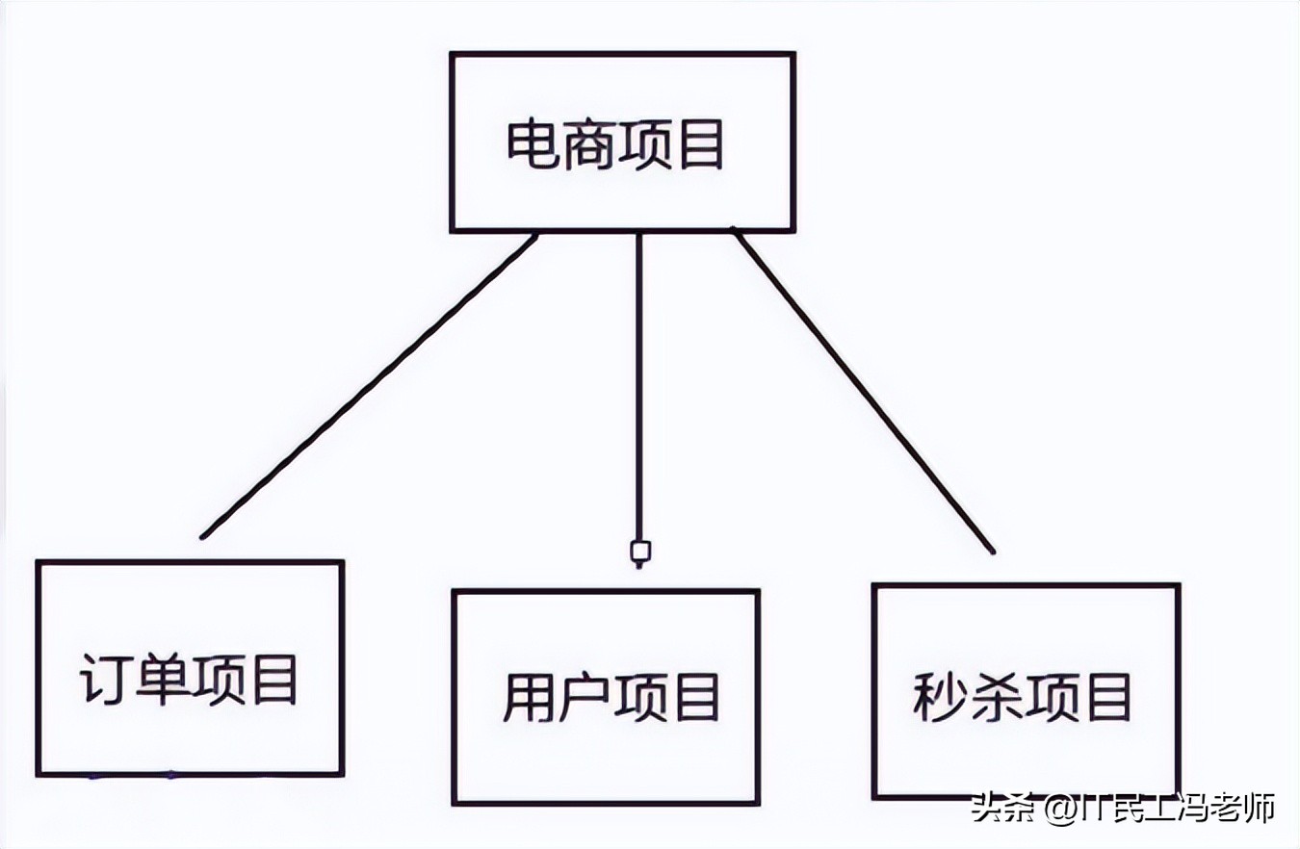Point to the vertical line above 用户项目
pos(637,385)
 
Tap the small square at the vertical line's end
pos(639,552)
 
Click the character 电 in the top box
pos(533,145)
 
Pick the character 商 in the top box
pos(586,145)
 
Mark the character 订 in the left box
pos(107,682)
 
